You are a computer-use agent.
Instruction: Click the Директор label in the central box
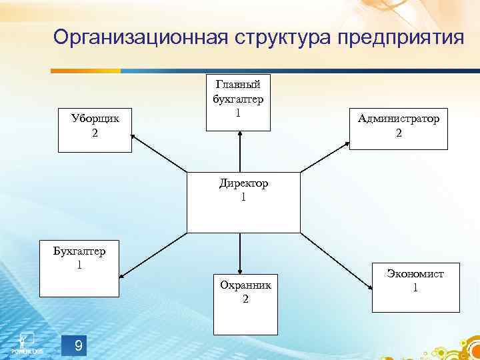coord(243,183)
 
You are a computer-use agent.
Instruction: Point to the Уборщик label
coord(95,119)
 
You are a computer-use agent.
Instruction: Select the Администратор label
coord(399,119)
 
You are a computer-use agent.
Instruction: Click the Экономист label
coord(415,273)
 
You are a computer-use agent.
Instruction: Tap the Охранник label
coord(245,285)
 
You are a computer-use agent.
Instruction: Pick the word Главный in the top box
coord(238,83)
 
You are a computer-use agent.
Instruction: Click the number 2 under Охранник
coord(245,299)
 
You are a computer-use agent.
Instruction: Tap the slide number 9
coord(79,345)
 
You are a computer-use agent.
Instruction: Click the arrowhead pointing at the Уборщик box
coord(134,137)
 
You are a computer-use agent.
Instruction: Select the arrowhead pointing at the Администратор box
coord(347,142)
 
